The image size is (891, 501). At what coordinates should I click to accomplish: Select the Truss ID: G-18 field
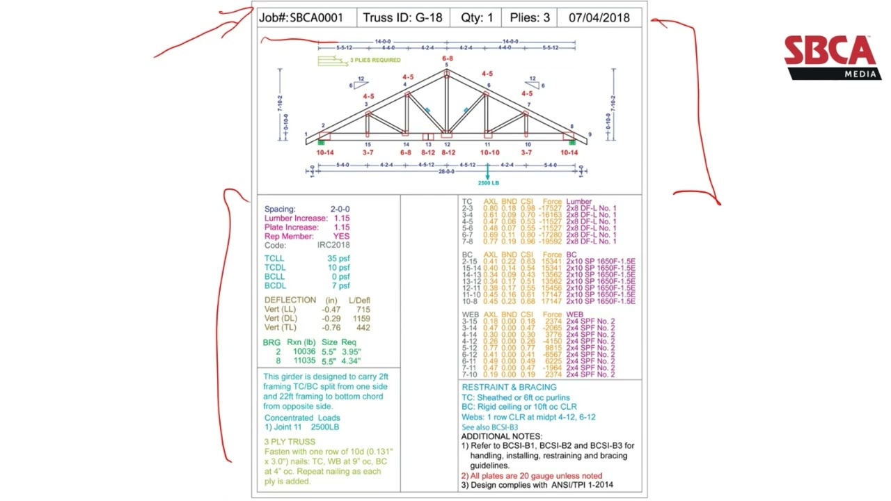(x=402, y=18)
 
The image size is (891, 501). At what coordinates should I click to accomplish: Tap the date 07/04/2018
(x=599, y=18)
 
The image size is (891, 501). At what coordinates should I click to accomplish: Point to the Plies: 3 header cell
(x=530, y=18)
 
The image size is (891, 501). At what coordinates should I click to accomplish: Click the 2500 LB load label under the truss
(x=488, y=183)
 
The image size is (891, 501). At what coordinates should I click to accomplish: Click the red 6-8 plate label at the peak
(x=446, y=58)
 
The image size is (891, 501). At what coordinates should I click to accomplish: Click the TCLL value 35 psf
(x=338, y=259)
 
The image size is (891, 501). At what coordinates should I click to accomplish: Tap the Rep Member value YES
(x=341, y=236)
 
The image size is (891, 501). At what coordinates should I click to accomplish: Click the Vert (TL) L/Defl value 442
(x=363, y=327)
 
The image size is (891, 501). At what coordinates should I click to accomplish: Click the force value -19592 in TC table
(x=551, y=241)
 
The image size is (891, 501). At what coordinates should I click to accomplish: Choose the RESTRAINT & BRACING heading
(x=509, y=387)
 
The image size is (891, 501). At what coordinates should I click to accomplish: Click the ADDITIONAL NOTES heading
(x=501, y=436)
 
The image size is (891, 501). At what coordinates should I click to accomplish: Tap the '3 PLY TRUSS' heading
(x=289, y=442)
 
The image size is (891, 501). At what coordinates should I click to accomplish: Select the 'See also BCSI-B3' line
(x=489, y=427)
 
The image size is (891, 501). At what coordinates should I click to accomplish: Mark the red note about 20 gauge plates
(x=531, y=475)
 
